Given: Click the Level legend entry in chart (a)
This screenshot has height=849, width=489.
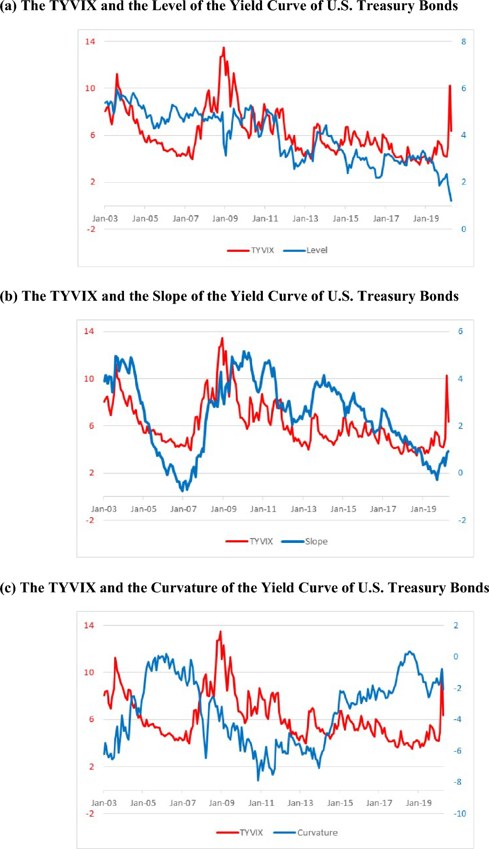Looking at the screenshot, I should (317, 250).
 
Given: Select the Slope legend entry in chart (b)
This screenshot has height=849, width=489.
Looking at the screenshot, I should (316, 541).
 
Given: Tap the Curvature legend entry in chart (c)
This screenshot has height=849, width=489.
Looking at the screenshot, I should (317, 833).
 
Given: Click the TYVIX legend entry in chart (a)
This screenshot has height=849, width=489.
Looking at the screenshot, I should (262, 250).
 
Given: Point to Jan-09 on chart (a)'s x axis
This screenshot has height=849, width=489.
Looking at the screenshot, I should (225, 219).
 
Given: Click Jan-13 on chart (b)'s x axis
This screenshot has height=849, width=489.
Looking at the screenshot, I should (304, 509).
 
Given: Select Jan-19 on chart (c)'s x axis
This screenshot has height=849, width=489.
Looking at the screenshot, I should (419, 803).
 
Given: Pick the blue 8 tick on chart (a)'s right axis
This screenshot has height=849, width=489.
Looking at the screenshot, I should (463, 42).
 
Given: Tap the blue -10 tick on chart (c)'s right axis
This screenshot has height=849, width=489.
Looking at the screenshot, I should (460, 814).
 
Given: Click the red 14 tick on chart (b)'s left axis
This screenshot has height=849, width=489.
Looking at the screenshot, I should (89, 331).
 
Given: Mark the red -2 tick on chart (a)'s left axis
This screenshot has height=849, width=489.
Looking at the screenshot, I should (91, 229).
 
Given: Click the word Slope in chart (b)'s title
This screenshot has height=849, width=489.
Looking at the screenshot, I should (170, 296).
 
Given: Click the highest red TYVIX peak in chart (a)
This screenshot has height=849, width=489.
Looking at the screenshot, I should (224, 48).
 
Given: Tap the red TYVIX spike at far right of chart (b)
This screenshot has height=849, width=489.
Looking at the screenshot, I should (447, 376).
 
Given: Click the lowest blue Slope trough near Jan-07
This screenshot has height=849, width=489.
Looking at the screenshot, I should (182, 491).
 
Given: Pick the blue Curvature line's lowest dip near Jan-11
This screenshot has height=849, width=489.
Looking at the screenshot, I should (258, 780).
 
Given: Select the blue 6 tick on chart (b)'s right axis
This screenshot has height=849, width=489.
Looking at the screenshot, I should (460, 331).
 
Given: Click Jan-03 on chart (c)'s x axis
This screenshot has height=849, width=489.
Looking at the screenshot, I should (104, 803).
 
